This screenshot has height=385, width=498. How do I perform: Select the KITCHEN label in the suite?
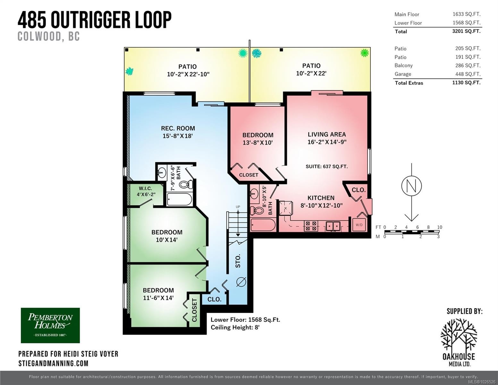[x=321, y=198]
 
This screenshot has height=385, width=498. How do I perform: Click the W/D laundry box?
[x=359, y=225]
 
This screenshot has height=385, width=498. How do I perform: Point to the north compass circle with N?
[x=411, y=185]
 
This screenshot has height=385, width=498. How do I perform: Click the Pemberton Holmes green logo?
[x=50, y=325]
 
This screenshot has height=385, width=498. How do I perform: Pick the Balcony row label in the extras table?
[x=403, y=65]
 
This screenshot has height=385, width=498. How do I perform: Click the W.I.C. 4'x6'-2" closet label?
[x=146, y=192]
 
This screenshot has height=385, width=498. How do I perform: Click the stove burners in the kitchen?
[x=310, y=226]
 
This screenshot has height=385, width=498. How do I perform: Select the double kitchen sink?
[x=333, y=226]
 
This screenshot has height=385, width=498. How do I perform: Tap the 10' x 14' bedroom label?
[x=167, y=236]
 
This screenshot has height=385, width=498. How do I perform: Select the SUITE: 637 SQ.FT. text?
[x=326, y=167]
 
